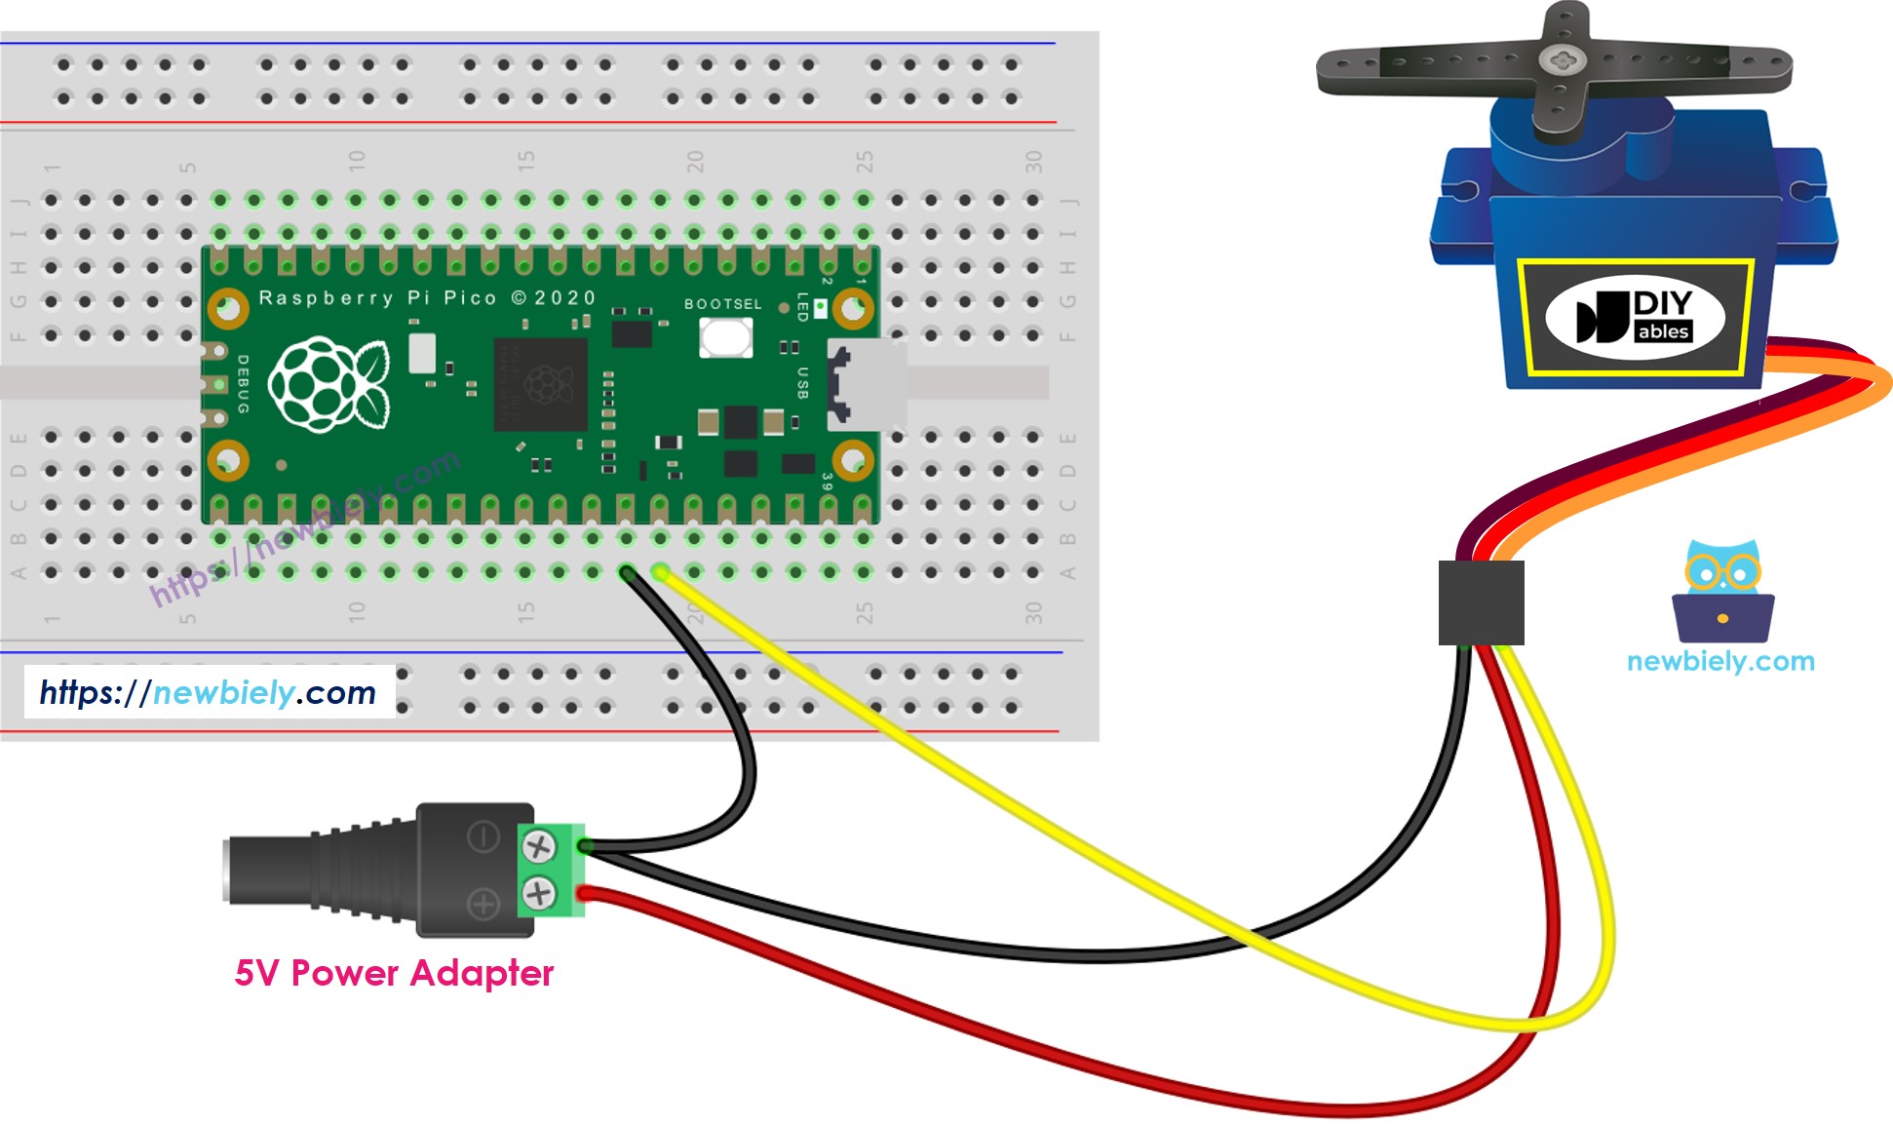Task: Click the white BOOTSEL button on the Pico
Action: (x=725, y=337)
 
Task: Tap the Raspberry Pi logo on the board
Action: (x=328, y=384)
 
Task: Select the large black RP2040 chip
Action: (x=540, y=384)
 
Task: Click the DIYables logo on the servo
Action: (x=1635, y=317)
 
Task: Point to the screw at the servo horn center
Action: (x=1559, y=60)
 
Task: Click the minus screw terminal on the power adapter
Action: (x=538, y=846)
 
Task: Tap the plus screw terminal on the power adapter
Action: (x=538, y=892)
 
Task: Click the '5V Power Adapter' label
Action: (x=394, y=973)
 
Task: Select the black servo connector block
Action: (x=1481, y=602)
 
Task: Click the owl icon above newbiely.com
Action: (x=1722, y=591)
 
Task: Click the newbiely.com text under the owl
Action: (x=1720, y=661)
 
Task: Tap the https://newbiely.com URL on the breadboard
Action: (x=208, y=692)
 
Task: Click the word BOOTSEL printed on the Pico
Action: (x=722, y=304)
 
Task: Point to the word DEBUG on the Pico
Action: (x=243, y=384)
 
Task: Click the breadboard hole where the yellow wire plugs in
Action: (x=661, y=572)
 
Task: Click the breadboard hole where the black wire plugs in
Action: (x=627, y=572)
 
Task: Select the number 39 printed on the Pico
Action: (x=828, y=482)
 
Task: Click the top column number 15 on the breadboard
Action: (x=526, y=161)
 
